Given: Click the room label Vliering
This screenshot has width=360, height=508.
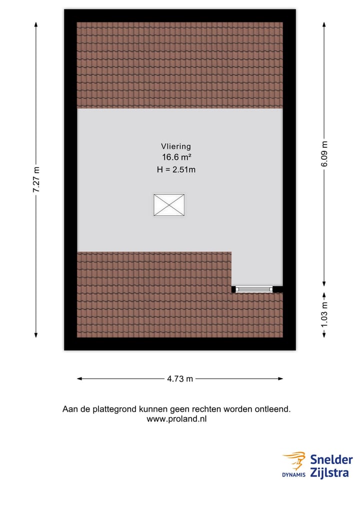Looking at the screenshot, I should [175, 146].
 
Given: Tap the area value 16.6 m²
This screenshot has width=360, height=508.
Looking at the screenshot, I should [175, 158].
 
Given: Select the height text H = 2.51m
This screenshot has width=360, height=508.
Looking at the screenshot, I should [175, 169].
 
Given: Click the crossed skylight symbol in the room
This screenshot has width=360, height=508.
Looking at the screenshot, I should [168, 205].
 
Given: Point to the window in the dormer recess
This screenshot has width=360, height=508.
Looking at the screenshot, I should [254, 289].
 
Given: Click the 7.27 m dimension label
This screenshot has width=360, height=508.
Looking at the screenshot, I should [36, 180].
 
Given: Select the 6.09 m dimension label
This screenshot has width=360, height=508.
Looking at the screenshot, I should [324, 155].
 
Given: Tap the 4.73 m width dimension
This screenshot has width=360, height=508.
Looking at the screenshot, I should [180, 379].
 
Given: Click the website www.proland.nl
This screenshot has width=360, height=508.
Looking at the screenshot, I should [176, 419].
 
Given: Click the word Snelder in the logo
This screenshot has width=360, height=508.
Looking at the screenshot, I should [331, 460].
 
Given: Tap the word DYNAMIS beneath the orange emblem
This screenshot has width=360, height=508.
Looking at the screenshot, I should [293, 475].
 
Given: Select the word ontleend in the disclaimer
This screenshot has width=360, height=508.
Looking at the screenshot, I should [272, 409].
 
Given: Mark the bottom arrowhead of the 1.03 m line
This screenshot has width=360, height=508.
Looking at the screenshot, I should [324, 335].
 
